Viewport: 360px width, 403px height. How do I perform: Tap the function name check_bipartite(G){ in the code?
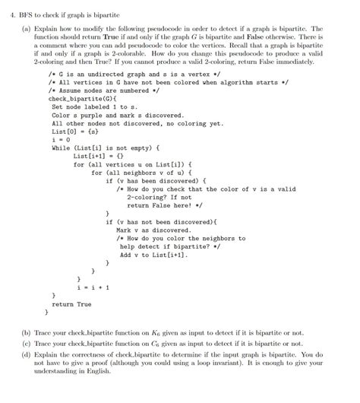click(x=72, y=99)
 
